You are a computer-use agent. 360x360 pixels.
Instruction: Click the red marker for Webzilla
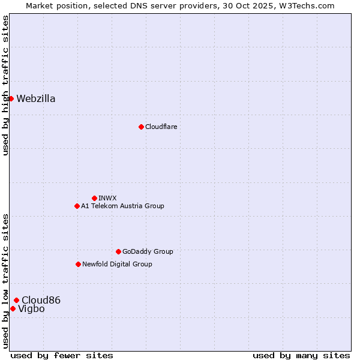(11, 98)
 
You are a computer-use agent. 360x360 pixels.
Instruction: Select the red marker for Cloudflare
(141, 127)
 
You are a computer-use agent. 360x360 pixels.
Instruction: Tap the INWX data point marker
(94, 198)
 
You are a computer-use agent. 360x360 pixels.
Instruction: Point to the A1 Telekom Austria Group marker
(77, 206)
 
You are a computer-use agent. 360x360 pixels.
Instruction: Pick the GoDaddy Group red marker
(118, 251)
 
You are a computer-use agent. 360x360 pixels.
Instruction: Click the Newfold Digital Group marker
(78, 264)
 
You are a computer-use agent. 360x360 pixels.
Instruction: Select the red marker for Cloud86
(16, 300)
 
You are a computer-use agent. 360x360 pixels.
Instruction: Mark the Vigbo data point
(13, 308)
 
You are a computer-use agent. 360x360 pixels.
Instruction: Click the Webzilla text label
(36, 99)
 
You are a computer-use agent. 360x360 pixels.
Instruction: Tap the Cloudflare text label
(161, 127)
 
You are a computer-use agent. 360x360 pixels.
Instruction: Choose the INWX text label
(107, 198)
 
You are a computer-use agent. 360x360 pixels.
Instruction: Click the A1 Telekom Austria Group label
(122, 206)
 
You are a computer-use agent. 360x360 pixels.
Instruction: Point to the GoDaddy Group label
(148, 251)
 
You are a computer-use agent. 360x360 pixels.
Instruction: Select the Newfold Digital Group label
(117, 264)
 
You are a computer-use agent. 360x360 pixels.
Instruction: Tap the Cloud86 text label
(41, 300)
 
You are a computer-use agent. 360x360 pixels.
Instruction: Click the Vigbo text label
(31, 309)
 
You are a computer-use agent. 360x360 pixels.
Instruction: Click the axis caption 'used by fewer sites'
(62, 355)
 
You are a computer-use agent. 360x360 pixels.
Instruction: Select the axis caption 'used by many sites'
(301, 355)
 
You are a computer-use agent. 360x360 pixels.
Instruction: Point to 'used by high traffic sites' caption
(5, 85)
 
